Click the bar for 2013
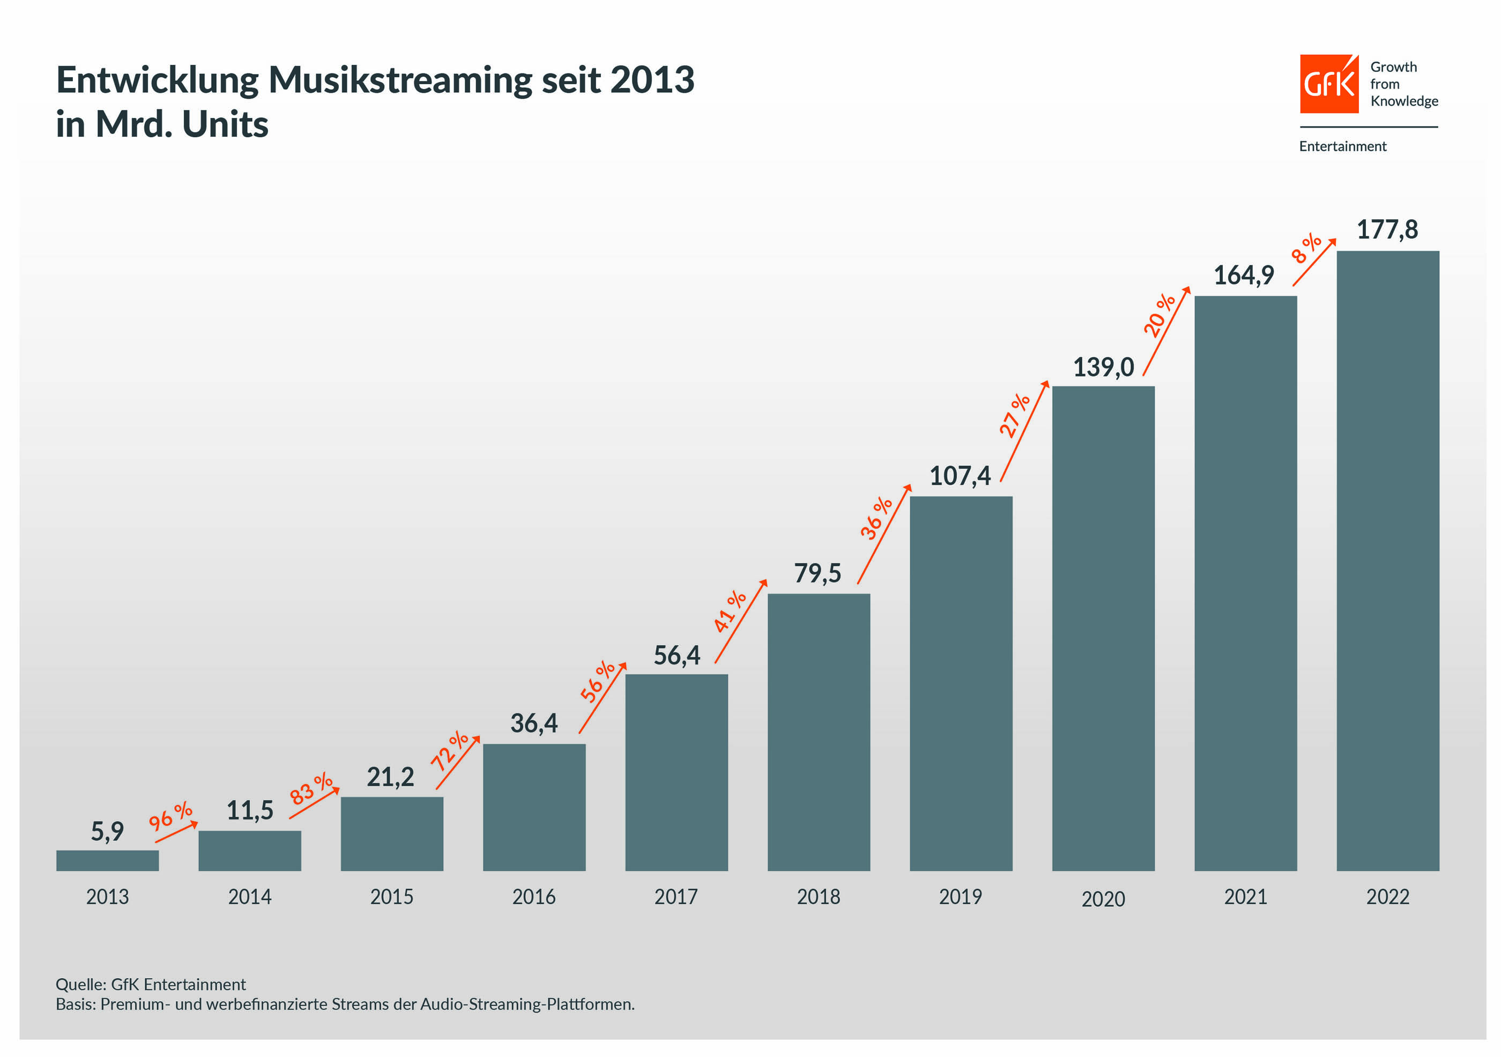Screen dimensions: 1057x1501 tap(107, 860)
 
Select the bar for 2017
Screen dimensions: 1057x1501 tap(676, 772)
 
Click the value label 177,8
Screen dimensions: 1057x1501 tap(1387, 230)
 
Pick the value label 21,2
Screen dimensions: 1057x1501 tap(390, 777)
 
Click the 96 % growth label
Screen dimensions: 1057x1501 tap(170, 815)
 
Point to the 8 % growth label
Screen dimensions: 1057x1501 tap(1305, 248)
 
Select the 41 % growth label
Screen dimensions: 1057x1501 tap(729, 611)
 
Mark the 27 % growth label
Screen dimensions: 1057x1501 tap(1013, 415)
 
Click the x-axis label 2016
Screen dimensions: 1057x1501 tap(533, 896)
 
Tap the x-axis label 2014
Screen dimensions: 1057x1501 tap(249, 896)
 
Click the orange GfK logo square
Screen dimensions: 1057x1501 tap(1328, 84)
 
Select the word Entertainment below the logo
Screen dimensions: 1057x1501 tap(1342, 146)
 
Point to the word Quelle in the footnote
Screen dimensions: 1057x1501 tap(80, 984)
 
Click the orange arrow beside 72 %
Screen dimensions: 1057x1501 tap(458, 763)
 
